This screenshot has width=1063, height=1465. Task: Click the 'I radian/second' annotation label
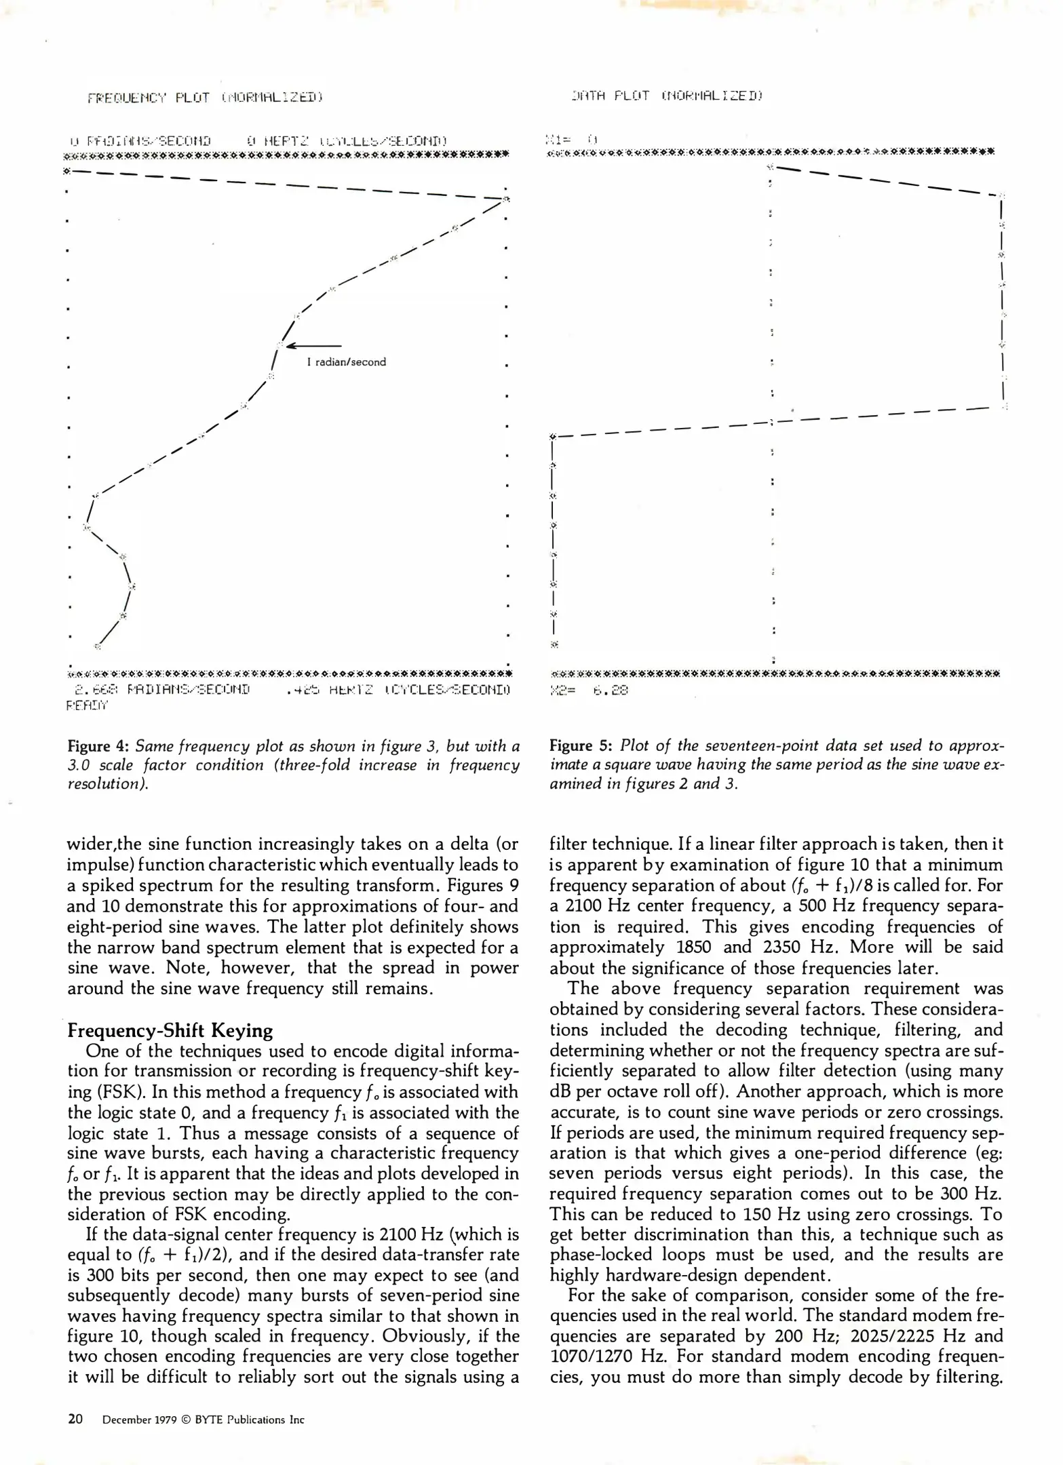[x=346, y=362]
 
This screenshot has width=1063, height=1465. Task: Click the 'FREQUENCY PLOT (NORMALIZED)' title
[x=204, y=98]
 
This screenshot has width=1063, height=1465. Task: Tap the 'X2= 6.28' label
[x=590, y=690]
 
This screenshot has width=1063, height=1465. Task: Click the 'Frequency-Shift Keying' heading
[x=170, y=1031]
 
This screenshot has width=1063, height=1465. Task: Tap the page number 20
[x=75, y=1420]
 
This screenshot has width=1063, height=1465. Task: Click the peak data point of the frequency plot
[x=505, y=198]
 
